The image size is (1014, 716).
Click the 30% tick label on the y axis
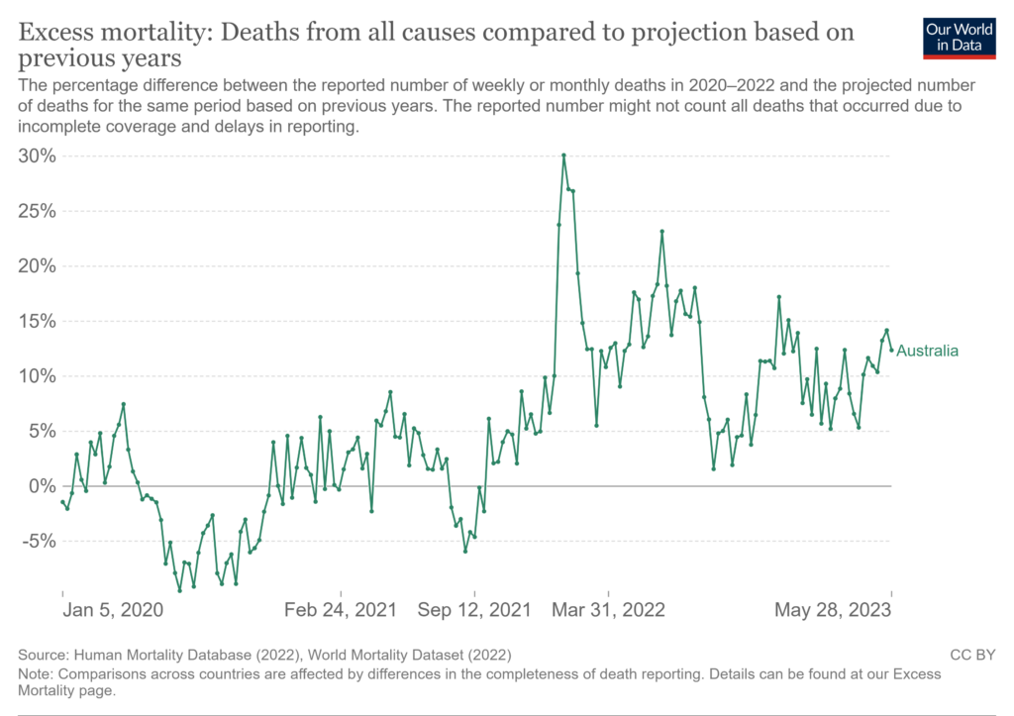tap(38, 155)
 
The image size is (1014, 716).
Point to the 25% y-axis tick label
tap(38, 211)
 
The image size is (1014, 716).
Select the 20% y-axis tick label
tap(38, 265)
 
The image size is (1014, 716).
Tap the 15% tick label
tap(38, 321)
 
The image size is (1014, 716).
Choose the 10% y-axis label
tap(38, 375)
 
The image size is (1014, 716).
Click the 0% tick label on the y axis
tap(43, 485)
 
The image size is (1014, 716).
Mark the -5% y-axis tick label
tap(38, 541)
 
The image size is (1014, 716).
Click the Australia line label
tap(928, 351)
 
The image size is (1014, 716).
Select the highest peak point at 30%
tap(563, 155)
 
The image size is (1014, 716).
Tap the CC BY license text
tap(970, 655)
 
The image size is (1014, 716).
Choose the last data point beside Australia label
tap(891, 350)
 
